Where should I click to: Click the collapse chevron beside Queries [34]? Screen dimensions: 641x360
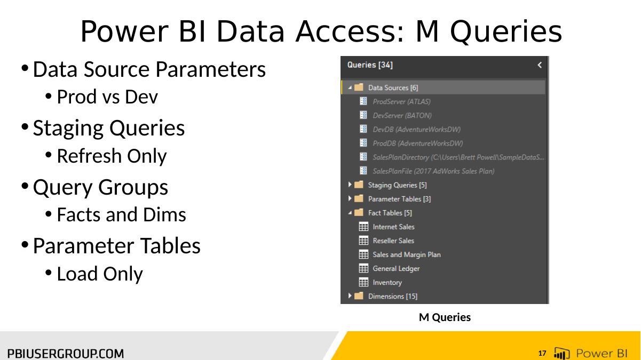pyautogui.click(x=540, y=65)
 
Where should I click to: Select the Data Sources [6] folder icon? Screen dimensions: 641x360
pyautogui.click(x=359, y=87)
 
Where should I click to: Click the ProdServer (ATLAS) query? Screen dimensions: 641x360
pyautogui.click(x=401, y=101)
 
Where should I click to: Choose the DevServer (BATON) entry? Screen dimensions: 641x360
pyautogui.click(x=402, y=116)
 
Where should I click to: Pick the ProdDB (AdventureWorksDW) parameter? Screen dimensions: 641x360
pyautogui.click(x=418, y=143)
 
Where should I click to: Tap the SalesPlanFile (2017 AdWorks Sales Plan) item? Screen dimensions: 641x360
pyautogui.click(x=433, y=171)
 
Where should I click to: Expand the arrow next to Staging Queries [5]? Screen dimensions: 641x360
pyautogui.click(x=350, y=185)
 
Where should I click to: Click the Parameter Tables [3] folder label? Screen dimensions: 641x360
pyautogui.click(x=399, y=199)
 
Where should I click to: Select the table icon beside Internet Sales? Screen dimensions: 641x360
pyautogui.click(x=363, y=227)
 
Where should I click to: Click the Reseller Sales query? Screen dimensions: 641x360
pyautogui.click(x=393, y=241)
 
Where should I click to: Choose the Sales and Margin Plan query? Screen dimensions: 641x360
pyautogui.click(x=407, y=255)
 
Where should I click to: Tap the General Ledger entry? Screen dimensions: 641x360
pyautogui.click(x=396, y=269)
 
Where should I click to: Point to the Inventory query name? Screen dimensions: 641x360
pyautogui.click(x=387, y=283)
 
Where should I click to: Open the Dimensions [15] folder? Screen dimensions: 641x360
pyautogui.click(x=393, y=296)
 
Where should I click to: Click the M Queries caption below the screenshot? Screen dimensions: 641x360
pyautogui.click(x=445, y=317)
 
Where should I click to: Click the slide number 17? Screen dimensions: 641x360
pyautogui.click(x=542, y=353)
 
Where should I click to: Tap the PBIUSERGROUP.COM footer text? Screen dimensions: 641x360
pyautogui.click(x=66, y=354)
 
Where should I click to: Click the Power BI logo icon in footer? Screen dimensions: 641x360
pyautogui.click(x=561, y=353)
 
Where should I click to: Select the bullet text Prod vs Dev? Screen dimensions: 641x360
pyautogui.click(x=107, y=97)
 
